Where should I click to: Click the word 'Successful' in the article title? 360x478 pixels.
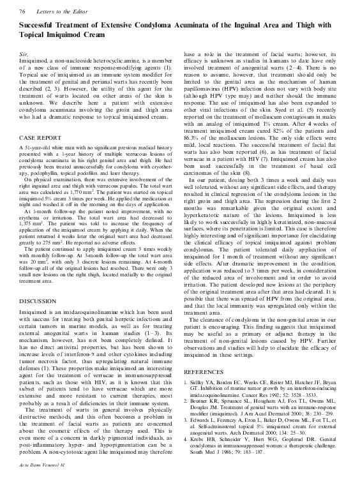click(x=41, y=26)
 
